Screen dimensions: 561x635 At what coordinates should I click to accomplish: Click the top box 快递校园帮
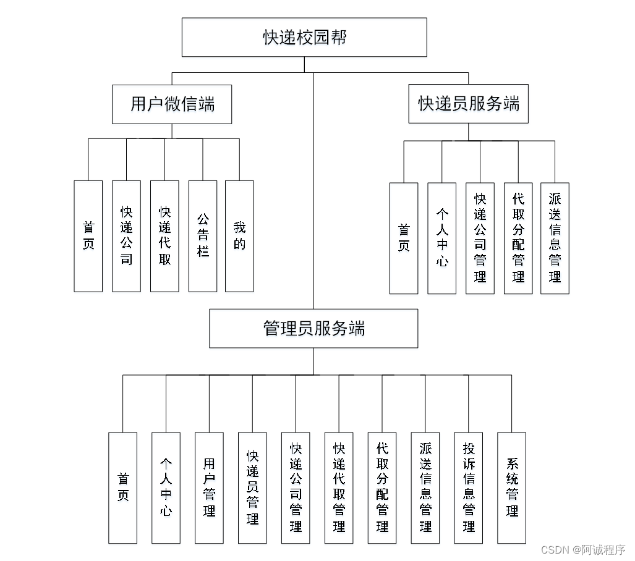[304, 37]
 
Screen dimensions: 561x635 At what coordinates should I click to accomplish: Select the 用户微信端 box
[172, 104]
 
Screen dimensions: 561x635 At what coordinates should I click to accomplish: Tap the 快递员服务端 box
[468, 104]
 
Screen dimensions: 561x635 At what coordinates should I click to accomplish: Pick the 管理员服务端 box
[313, 328]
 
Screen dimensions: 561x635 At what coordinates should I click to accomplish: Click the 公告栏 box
[203, 236]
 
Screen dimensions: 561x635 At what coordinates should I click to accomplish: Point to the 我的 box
[239, 236]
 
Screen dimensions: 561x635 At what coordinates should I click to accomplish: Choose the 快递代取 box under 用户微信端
[164, 236]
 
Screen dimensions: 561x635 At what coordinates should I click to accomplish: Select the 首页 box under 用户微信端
[88, 236]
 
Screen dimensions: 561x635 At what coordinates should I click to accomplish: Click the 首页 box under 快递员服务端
[404, 238]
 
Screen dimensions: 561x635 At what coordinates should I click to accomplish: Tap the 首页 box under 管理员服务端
[123, 487]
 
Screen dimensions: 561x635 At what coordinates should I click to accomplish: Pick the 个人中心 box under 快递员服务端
[441, 238]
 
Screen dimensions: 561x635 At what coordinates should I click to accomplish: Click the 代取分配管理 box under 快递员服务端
[518, 238]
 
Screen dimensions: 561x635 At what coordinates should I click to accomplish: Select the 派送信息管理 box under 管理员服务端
[425, 487]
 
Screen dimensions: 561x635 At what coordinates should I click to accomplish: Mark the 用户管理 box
[209, 487]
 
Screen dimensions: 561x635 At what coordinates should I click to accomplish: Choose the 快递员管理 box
[252, 487]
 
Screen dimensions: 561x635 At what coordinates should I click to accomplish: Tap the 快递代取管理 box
[339, 487]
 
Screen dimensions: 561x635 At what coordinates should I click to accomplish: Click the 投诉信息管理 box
[469, 487]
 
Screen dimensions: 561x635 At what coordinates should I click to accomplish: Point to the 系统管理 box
[512, 487]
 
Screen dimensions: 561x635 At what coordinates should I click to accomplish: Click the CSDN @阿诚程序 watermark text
[582, 549]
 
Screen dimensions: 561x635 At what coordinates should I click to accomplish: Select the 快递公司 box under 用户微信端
[126, 236]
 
